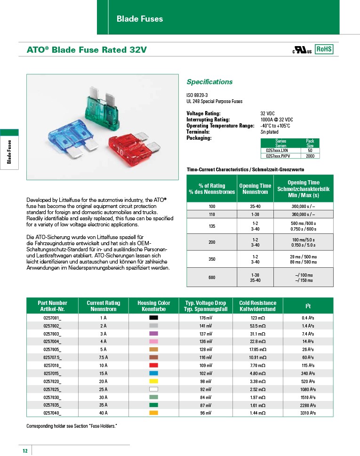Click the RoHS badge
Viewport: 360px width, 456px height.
(x=324, y=49)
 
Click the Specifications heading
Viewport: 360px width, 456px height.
(x=209, y=82)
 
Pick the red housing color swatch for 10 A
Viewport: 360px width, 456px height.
(x=153, y=365)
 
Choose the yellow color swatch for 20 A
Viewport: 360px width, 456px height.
(x=153, y=381)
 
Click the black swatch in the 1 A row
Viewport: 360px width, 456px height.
(x=153, y=318)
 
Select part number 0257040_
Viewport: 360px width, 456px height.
(x=52, y=413)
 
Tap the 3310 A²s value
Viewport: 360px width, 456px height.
(x=308, y=413)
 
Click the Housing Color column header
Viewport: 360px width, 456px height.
(x=154, y=306)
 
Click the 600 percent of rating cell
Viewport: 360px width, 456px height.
(x=211, y=278)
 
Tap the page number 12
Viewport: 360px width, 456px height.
(x=25, y=451)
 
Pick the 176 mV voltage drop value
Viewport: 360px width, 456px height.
(x=206, y=318)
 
